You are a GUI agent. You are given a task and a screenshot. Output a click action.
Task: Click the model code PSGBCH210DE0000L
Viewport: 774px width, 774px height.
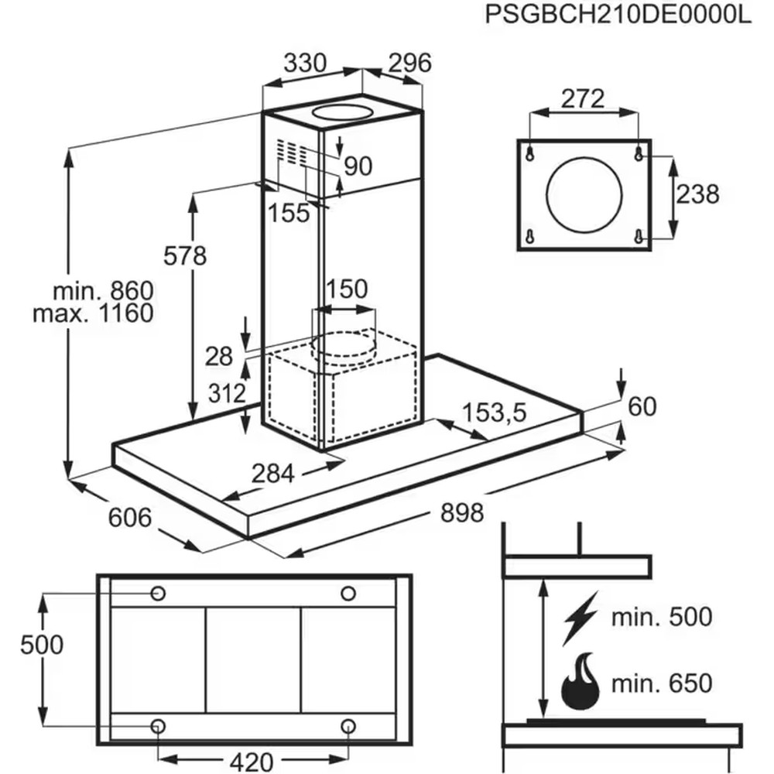click(x=618, y=14)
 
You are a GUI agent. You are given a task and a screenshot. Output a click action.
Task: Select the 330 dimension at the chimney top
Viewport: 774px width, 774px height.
click(x=305, y=63)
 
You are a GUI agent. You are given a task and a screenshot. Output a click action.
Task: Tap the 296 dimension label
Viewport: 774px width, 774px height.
click(x=409, y=63)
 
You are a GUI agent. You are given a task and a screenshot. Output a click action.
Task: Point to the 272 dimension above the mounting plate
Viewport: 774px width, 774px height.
click(x=583, y=99)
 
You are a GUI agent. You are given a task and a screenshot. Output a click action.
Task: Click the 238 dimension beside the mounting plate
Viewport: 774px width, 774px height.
click(x=697, y=194)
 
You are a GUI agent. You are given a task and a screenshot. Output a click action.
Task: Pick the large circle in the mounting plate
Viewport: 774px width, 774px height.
click(x=584, y=195)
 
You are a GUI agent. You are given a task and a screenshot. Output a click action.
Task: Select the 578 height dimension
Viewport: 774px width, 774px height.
click(x=185, y=255)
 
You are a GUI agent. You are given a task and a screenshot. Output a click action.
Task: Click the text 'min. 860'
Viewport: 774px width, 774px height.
click(x=104, y=291)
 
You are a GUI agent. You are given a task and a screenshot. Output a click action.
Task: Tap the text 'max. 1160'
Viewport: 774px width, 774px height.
click(x=94, y=313)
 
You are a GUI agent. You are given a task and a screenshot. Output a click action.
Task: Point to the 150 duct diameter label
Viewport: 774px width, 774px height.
click(x=347, y=289)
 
